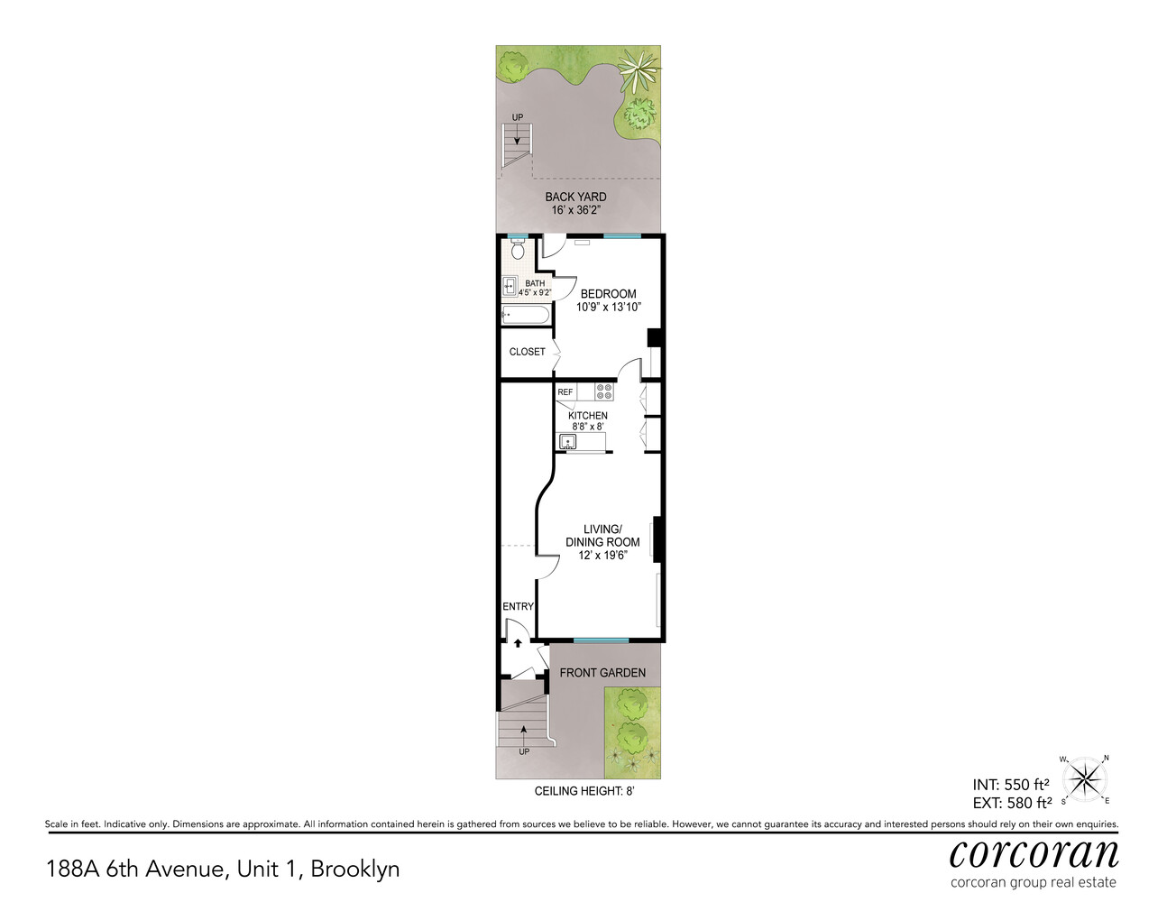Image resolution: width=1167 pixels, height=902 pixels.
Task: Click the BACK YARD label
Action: [x=575, y=197]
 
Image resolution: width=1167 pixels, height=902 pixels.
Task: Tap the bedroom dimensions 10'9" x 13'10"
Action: [x=608, y=308]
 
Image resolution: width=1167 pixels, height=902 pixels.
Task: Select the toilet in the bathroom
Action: [x=517, y=249]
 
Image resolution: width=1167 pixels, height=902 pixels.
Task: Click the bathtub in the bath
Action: [x=525, y=315]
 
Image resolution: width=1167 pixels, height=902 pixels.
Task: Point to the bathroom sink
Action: [x=509, y=288]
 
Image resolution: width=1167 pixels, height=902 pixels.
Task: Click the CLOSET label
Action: [x=527, y=352]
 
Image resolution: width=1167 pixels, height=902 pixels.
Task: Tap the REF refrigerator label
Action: [x=565, y=392]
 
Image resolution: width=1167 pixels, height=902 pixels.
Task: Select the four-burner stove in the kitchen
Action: [x=604, y=391]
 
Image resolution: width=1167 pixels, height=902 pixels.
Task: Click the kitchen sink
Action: [x=567, y=442]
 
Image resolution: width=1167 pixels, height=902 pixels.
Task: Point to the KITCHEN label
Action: [x=587, y=416]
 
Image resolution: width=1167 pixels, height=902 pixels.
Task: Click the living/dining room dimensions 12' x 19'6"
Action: [x=602, y=556]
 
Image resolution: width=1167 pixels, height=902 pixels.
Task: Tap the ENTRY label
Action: [x=518, y=607]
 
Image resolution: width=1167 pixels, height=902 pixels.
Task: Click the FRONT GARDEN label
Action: [x=602, y=673]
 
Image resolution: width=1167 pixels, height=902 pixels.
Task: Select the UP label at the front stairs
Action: [x=524, y=751]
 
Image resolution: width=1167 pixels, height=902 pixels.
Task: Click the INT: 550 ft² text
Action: [x=1010, y=785]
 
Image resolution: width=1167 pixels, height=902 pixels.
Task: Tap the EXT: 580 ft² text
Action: [x=1011, y=803]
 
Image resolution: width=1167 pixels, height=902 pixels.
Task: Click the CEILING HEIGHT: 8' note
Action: [x=584, y=791]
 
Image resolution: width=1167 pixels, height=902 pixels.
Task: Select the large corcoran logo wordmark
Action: [x=1034, y=852]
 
